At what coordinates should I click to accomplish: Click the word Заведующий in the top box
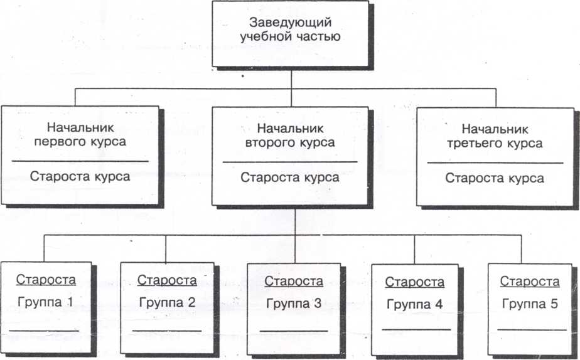pos(290,23)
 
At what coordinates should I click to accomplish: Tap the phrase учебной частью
pos(290,37)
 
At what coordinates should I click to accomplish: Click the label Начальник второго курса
pos(290,135)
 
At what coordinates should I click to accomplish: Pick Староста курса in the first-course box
pos(80,176)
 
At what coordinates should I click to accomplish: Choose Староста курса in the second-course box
pos(290,177)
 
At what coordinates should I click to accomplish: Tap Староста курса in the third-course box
pos(495,178)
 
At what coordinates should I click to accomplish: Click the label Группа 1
pos(45,302)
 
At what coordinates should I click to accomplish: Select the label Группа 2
pos(166,302)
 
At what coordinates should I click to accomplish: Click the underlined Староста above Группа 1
pos(46,280)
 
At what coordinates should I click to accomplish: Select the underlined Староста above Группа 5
pos(530,282)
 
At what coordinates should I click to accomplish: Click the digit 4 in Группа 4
pos(439,305)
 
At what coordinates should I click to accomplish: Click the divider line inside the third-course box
pos(495,162)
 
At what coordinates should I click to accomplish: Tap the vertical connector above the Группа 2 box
pos(166,248)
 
